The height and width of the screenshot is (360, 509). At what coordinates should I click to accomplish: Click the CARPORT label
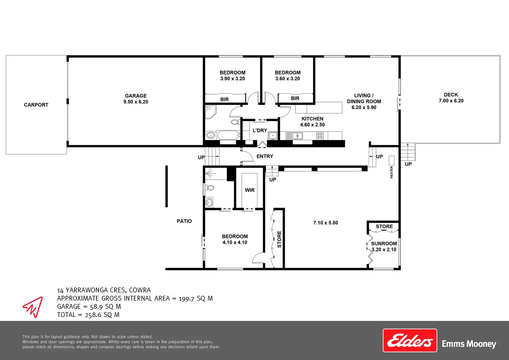tap(36, 105)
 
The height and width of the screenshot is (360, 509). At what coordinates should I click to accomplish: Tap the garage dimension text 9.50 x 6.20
tap(136, 102)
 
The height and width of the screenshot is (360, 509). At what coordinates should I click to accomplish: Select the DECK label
tap(451, 95)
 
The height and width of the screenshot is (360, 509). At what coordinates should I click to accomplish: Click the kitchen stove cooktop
tap(320, 136)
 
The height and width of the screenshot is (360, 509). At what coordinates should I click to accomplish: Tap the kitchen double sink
tap(294, 136)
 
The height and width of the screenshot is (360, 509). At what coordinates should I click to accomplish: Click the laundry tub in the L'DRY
tap(273, 136)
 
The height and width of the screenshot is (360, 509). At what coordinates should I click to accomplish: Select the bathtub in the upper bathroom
tap(228, 135)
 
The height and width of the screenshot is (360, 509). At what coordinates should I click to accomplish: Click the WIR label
tap(250, 190)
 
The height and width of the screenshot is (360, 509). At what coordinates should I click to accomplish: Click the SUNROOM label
tap(384, 244)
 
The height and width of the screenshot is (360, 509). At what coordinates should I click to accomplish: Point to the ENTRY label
tap(265, 156)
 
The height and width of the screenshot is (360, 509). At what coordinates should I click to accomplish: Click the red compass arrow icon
tap(33, 307)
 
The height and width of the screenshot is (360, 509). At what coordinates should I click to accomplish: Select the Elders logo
tap(410, 340)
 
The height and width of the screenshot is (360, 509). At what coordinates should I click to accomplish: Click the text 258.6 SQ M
tap(102, 315)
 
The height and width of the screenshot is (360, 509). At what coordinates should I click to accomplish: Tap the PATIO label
tap(184, 221)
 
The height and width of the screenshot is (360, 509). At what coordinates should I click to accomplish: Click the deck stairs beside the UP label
tap(408, 152)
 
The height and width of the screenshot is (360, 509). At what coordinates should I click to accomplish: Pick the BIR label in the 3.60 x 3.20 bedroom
tap(295, 98)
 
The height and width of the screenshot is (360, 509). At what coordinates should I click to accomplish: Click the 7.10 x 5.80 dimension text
tap(325, 223)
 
